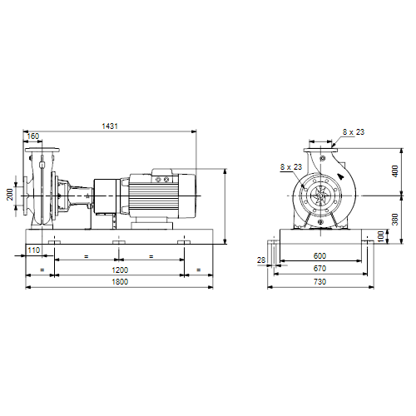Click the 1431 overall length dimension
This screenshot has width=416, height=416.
pos(110,126)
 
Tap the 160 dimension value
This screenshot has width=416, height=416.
pos(33,136)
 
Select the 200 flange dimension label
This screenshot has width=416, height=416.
pos(10,195)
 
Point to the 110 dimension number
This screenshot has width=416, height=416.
pos(34,250)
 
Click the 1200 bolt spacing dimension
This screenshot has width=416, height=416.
pos(120,270)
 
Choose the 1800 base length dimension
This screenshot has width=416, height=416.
pos(120,282)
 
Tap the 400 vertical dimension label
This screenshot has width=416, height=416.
pos(395,171)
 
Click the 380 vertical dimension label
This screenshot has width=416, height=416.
pos(395,220)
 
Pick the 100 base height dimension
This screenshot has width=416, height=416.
pos(381,236)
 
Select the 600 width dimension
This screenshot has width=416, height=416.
pos(319,255)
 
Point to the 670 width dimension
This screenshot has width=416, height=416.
pos(319,269)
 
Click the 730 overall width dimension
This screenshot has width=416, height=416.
pos(319,282)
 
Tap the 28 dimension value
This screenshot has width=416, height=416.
pos(261,260)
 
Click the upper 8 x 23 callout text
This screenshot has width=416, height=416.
pos(354,132)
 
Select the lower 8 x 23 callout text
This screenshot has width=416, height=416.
pos(291,167)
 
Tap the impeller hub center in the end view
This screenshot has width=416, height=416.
pos(320,196)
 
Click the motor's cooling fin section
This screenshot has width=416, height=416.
pos(153,197)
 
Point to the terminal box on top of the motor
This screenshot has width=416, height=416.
pos(162,176)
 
